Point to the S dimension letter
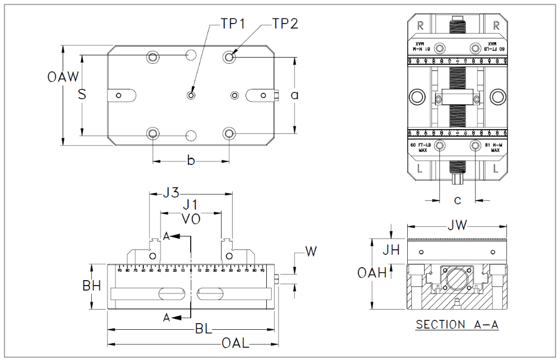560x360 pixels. [x=82, y=94]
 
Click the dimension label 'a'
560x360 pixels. [x=294, y=95]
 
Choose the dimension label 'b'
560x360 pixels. [x=191, y=161]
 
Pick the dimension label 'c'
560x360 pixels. [x=457, y=200]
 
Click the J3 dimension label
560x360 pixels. [x=170, y=193]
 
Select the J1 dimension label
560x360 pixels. [x=191, y=205]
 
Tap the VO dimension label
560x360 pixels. [x=191, y=219]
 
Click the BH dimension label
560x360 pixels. [x=91, y=286]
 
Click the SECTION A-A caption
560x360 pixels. [x=457, y=325]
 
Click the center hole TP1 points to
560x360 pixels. [x=191, y=96]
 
